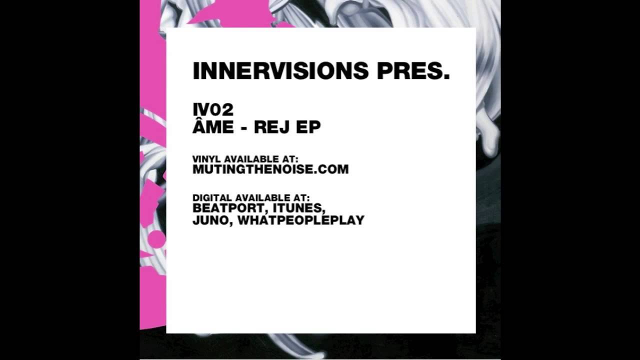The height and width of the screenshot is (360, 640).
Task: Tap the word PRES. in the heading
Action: click(413, 71)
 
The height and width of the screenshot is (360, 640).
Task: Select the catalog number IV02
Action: click(213, 109)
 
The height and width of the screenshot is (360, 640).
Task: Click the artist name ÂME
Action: click(213, 126)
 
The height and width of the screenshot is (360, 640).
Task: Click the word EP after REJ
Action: click(308, 127)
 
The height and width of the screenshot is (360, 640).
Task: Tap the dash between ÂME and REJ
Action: click(243, 128)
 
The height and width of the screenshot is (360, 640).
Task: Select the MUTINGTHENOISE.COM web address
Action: click(270, 169)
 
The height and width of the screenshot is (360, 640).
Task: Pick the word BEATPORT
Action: click(228, 208)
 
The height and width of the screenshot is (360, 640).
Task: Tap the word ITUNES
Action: click(299, 208)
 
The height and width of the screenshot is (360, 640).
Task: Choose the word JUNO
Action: click(211, 220)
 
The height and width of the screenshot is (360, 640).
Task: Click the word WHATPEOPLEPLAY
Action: click(301, 220)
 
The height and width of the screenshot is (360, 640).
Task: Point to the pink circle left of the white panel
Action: click(156, 239)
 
